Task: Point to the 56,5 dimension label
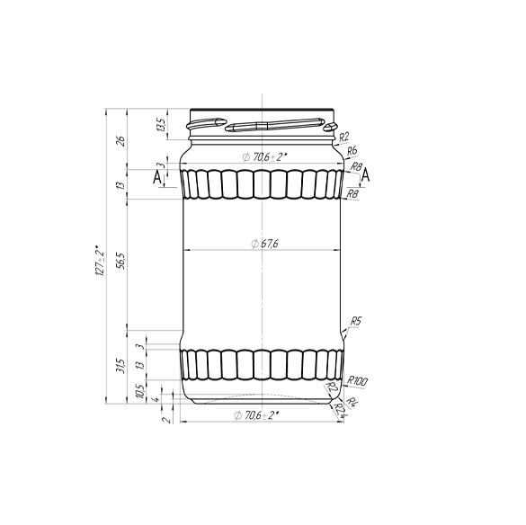pos(120,262)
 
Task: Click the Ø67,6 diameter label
pos(263,243)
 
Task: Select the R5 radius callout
pos(356,321)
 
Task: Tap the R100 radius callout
pos(357,380)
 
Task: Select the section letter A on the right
pos(366,174)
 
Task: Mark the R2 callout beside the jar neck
pos(343,137)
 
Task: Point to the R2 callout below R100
pos(332,387)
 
